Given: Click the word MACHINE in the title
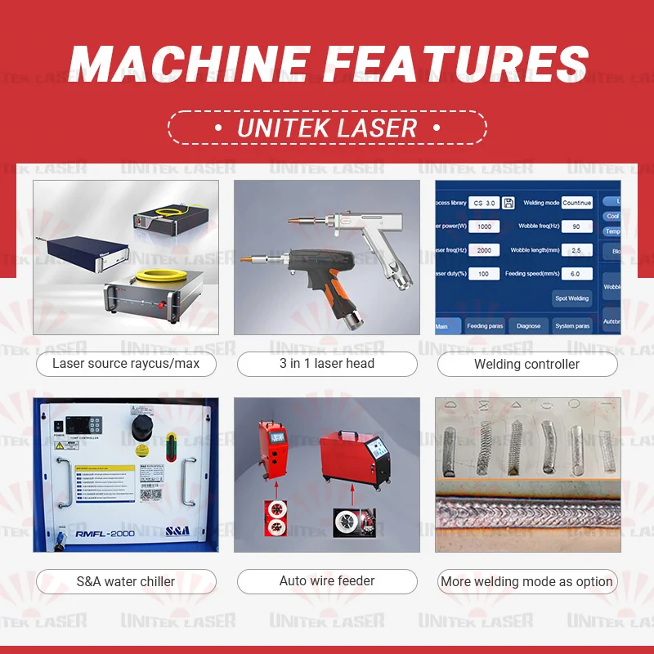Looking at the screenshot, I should pos(190,62).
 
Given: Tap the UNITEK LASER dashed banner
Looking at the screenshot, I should pos(327,128).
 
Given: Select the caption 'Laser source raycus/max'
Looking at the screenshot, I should pos(126,364).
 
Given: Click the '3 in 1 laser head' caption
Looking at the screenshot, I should pos(327,364).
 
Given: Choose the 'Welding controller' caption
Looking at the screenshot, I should pos(526,365).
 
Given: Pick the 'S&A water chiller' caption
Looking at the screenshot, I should pos(126,582).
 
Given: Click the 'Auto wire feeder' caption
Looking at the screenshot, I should pos(327,581).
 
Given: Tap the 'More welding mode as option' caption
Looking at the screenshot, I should pos(526,582).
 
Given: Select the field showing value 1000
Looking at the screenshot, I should pos(484,226).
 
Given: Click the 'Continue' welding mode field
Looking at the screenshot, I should pos(576,203).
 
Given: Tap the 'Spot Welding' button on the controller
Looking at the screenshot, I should pos(572,298).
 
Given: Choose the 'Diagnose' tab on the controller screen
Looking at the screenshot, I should pos(529,326).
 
